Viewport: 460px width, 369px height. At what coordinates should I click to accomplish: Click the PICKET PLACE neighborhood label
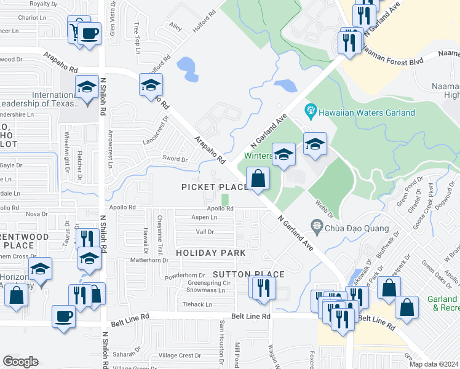click(215, 187)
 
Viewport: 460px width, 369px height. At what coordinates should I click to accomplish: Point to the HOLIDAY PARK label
click(210, 253)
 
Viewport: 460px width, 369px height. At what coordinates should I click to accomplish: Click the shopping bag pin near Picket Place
click(259, 180)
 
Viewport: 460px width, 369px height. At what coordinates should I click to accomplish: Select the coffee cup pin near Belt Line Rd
click(64, 317)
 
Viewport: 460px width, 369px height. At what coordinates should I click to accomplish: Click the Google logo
click(20, 362)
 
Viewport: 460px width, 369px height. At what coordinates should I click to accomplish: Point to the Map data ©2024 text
click(433, 364)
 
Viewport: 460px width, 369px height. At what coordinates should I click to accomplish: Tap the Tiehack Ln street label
click(197, 304)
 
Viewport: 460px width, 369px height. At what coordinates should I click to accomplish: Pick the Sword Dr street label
click(175, 159)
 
